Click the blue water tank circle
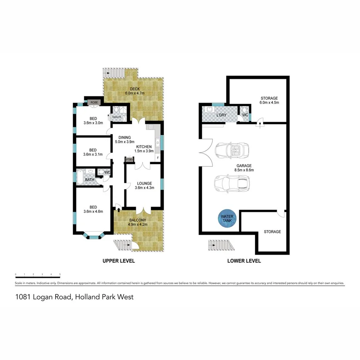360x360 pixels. click(x=227, y=219)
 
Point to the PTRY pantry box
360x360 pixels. click(x=129, y=160)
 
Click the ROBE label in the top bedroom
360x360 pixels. click(x=95, y=102)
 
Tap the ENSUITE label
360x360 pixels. click(x=117, y=117)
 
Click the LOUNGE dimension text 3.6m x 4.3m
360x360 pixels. click(x=144, y=188)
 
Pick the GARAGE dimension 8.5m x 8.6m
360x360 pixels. click(x=244, y=170)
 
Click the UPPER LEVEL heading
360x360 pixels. click(x=119, y=261)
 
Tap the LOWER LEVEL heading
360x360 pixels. click(x=244, y=261)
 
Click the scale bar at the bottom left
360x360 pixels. click(x=37, y=274)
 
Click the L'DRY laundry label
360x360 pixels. click(x=221, y=115)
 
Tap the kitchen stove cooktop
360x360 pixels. click(x=149, y=127)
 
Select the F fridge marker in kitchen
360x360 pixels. click(x=158, y=158)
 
